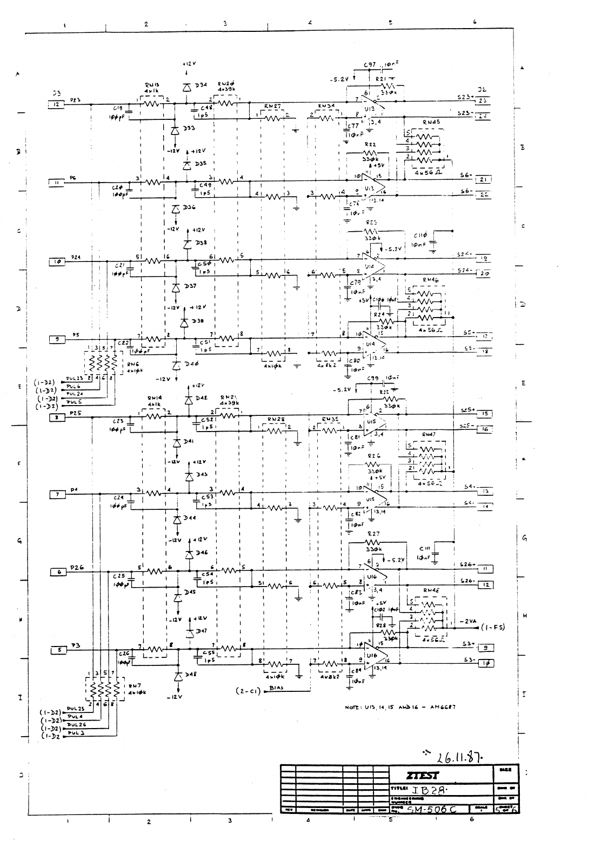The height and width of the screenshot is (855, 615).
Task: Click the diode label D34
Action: (200, 85)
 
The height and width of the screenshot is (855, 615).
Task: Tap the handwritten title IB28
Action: (428, 790)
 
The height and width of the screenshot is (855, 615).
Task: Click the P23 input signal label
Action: (76, 99)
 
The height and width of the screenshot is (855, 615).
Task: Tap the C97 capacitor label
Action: (370, 65)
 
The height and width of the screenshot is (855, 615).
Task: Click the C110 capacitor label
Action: (421, 235)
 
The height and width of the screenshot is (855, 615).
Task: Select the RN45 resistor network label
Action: (431, 122)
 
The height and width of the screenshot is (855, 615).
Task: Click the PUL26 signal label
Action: (76, 724)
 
